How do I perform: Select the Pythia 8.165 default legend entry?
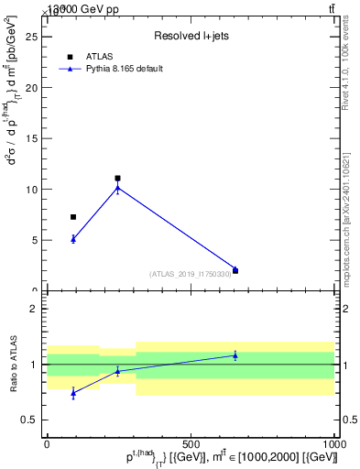(x=125, y=68)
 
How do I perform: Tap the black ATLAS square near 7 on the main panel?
(x=73, y=217)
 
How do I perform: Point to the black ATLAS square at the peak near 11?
(x=117, y=179)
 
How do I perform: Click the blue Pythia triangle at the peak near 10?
(x=117, y=188)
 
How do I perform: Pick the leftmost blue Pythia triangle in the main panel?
(x=73, y=238)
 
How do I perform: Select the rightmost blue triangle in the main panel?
(x=235, y=269)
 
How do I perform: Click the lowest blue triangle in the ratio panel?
(x=73, y=392)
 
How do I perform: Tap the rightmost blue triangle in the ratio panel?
(x=235, y=355)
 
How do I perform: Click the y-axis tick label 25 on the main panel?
(x=30, y=38)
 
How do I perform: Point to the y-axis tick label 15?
(x=30, y=139)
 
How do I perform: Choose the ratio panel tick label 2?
(x=33, y=309)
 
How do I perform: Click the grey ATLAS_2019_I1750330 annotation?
(x=191, y=274)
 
